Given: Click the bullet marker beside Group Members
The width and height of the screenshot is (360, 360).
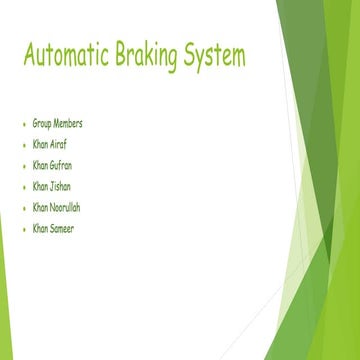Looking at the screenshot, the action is pos(23,124).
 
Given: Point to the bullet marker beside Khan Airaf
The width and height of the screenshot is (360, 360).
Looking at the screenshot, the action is pos(23,145).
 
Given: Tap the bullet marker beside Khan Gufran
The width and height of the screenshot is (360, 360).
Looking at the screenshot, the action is pos(23,166).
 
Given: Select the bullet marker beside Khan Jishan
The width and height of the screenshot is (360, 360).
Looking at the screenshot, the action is pos(23,187).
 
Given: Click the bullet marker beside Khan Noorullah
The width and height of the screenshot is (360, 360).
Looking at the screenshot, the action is pos(23,208).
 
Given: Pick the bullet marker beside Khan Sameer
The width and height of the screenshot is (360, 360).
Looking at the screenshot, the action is pos(23,229).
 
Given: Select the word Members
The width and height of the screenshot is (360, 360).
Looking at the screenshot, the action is pos(68,123).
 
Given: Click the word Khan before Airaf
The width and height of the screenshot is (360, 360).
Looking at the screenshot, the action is pos(40,144).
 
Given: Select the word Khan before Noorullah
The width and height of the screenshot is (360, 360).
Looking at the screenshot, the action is pos(40,207).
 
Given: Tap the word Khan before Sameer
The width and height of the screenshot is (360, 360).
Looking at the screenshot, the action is pos(40,228).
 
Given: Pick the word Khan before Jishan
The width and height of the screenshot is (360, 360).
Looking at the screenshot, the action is pos(40,186).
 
